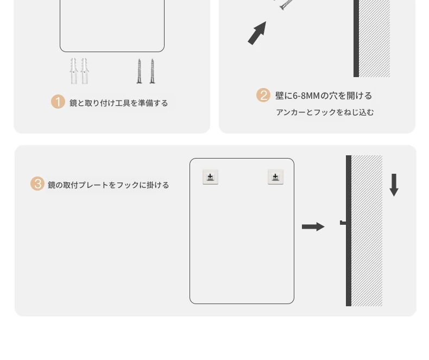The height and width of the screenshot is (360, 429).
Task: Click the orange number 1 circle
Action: (x=58, y=102)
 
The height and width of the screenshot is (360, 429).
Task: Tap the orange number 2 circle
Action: (x=263, y=96)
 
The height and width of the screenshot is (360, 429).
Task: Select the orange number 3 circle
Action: (x=37, y=184)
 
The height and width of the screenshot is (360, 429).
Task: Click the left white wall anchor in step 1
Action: (x=73, y=71)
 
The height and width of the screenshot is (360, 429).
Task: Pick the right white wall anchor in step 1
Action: (x=84, y=71)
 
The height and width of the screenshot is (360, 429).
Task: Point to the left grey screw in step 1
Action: (x=140, y=71)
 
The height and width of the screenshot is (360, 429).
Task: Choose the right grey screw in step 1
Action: (x=152, y=71)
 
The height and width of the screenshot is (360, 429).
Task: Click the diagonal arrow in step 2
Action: (x=257, y=33)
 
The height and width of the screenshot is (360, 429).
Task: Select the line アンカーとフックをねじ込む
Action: (x=325, y=112)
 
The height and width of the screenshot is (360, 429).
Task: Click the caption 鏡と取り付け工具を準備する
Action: (x=119, y=103)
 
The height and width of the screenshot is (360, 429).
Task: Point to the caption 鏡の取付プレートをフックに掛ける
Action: (x=109, y=185)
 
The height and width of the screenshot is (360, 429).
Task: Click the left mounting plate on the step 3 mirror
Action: (x=210, y=177)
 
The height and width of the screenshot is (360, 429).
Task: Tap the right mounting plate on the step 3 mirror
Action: (x=275, y=177)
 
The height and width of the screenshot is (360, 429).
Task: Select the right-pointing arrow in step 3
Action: (x=313, y=227)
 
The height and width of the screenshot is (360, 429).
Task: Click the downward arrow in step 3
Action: (x=394, y=185)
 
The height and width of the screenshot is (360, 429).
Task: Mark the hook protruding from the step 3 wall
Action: (x=343, y=223)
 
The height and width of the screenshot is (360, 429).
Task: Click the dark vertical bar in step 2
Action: (x=356, y=38)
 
